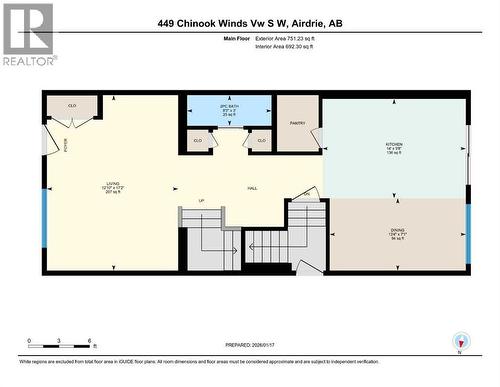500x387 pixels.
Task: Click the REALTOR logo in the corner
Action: pyautogui.click(x=27, y=34)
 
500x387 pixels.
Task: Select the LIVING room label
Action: pyautogui.click(x=112, y=186)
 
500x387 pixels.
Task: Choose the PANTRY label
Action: pyautogui.click(x=297, y=122)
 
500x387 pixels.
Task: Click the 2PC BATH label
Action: pyautogui.click(x=229, y=108)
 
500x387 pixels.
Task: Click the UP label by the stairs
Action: pyautogui.click(x=203, y=201)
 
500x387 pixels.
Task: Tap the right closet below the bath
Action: pyautogui.click(x=261, y=141)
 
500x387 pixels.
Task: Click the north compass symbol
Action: pyautogui.click(x=460, y=340)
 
